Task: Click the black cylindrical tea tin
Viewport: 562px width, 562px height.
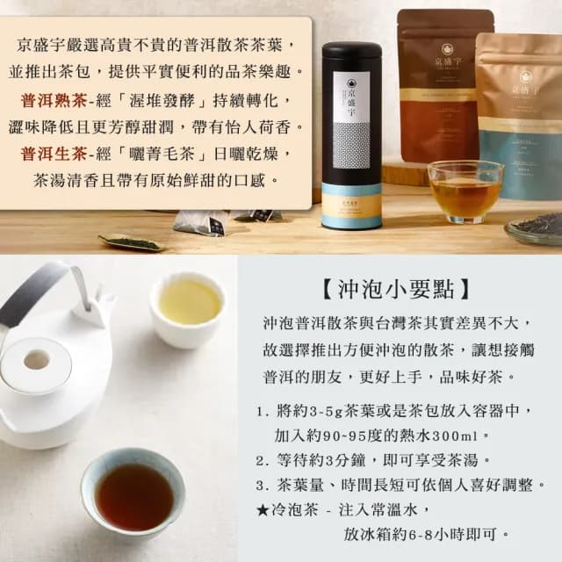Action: pos(351,136)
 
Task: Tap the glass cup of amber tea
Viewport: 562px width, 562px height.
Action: pos(465,191)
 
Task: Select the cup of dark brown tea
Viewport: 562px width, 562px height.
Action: pos(133,495)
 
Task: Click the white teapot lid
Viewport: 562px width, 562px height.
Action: pos(37,363)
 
